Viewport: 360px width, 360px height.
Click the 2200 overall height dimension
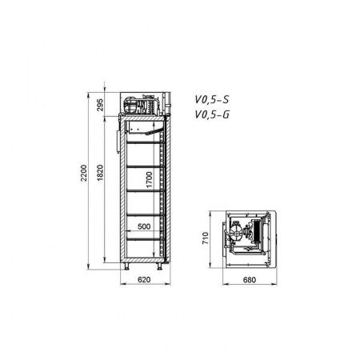click(x=84, y=173)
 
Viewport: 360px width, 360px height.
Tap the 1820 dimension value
click(x=100, y=173)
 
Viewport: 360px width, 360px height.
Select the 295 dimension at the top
click(x=100, y=105)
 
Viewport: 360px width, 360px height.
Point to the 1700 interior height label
click(x=150, y=180)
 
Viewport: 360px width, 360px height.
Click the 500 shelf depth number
click(x=144, y=226)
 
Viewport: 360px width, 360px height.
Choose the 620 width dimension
click(x=144, y=279)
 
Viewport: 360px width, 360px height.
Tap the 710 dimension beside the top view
click(x=206, y=238)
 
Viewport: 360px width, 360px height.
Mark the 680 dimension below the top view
click(x=250, y=280)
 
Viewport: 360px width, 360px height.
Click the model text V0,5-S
click(x=212, y=100)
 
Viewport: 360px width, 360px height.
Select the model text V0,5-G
click(x=212, y=114)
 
